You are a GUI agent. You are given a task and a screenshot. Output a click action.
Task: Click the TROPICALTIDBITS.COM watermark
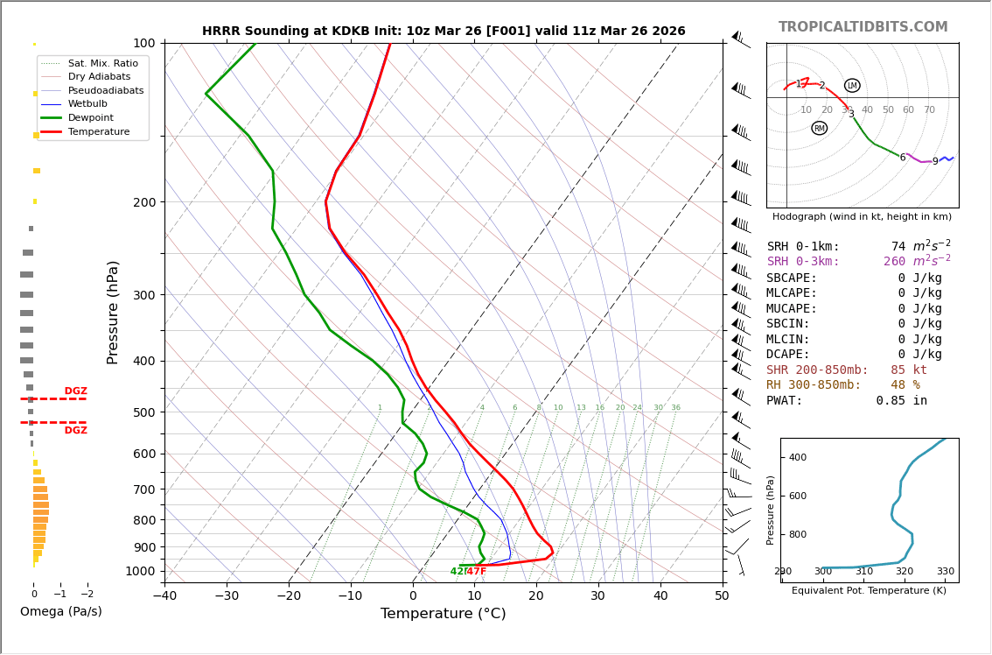[863, 27]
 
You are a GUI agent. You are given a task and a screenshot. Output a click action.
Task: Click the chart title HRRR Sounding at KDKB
[444, 31]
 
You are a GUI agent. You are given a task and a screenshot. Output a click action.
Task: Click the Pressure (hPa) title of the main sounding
[114, 312]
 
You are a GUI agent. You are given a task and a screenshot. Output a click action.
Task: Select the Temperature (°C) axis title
[443, 614]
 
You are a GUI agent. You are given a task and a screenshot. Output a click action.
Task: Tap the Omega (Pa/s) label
[60, 611]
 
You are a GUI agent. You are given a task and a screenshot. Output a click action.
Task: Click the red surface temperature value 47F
[477, 572]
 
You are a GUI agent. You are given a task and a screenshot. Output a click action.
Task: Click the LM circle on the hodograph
[852, 86]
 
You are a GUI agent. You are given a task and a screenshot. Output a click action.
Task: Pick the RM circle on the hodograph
[819, 129]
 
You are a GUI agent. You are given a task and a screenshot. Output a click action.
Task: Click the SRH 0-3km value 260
[894, 262]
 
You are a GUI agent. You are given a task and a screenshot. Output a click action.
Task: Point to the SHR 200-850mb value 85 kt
[908, 370]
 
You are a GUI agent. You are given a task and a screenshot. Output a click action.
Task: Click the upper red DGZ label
[75, 391]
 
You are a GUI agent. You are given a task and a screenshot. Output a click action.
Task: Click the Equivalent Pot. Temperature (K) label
[869, 590]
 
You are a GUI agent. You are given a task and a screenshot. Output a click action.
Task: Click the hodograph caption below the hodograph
[862, 216]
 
